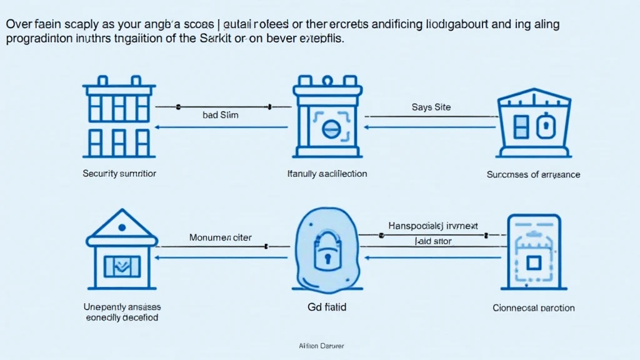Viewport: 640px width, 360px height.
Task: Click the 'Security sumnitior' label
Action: click(118, 174)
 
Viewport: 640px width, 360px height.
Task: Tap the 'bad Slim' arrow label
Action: click(220, 115)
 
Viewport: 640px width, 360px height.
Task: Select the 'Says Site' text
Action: click(431, 107)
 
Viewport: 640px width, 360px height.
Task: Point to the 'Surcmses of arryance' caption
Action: click(533, 174)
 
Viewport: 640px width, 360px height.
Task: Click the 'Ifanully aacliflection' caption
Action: click(326, 174)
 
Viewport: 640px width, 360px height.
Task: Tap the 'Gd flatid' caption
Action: click(326, 307)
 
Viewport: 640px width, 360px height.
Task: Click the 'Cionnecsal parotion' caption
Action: click(533, 307)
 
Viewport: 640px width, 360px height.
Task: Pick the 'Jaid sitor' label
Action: click(433, 241)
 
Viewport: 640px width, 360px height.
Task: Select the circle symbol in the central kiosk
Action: click(329, 129)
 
